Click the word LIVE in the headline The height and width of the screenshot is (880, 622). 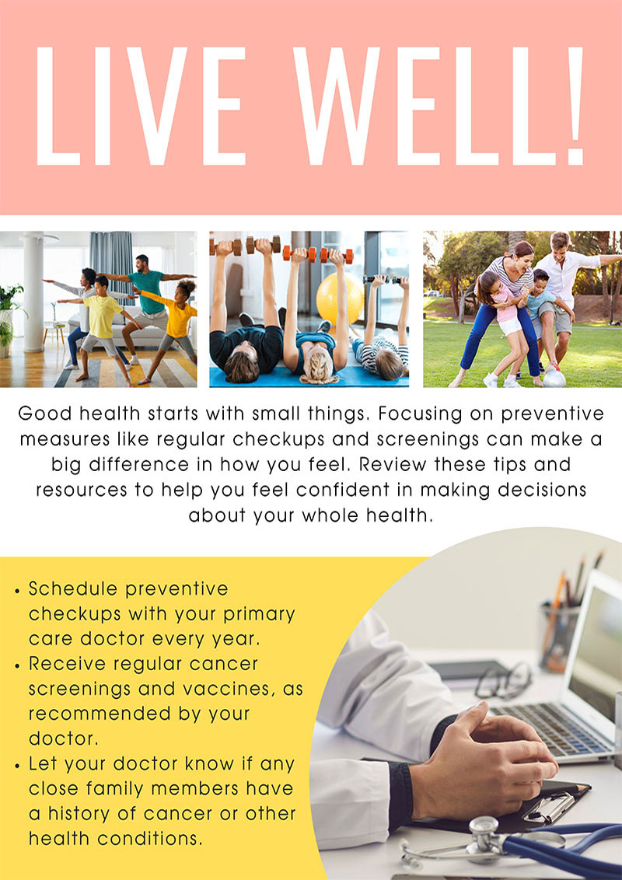tap(141, 106)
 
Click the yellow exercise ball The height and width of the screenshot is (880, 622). tap(340, 299)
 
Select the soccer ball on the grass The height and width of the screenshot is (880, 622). tap(554, 379)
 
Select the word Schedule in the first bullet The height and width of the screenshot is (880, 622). tap(73, 588)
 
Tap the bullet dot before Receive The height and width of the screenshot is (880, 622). tap(17, 665)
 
